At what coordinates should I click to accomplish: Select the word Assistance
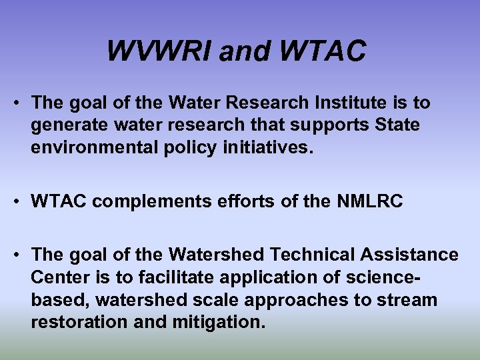coord(409,255)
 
